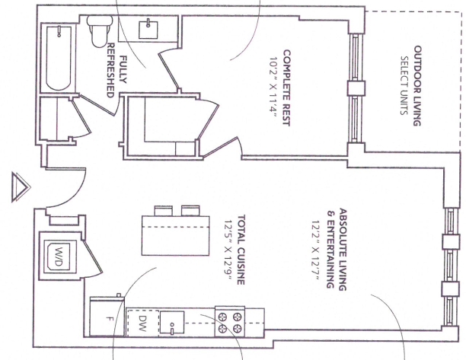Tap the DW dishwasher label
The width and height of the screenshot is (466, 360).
click(x=143, y=323)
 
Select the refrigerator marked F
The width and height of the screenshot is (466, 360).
click(x=107, y=317)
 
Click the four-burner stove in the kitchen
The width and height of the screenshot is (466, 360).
click(x=230, y=322)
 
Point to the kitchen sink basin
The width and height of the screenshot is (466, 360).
click(x=172, y=323)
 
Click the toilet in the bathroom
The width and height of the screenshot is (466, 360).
click(x=100, y=31)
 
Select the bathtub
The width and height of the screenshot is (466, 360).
click(x=59, y=58)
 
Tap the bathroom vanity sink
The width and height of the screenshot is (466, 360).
click(x=148, y=29)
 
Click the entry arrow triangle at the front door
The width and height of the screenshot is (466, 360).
click(x=21, y=187)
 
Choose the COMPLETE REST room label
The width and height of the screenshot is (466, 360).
click(x=286, y=88)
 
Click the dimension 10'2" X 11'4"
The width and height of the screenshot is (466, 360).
click(x=273, y=87)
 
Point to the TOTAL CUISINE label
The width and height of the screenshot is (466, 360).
click(x=241, y=250)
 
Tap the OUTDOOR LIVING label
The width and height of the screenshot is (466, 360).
click(x=417, y=86)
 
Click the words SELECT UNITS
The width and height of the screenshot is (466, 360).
click(x=404, y=85)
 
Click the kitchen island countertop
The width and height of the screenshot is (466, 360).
click(x=176, y=235)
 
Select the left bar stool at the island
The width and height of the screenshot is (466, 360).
click(x=164, y=211)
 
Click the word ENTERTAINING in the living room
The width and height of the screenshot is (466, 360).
click(x=330, y=253)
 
